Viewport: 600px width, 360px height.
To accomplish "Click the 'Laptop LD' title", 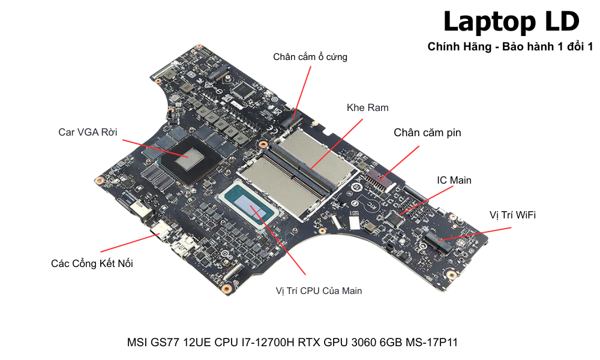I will click(x=511, y=22).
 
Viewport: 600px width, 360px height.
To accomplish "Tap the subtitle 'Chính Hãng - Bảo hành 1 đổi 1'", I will click(x=510, y=46).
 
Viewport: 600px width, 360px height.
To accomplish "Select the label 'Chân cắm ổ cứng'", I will click(x=310, y=57).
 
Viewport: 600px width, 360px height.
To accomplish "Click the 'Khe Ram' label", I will click(x=368, y=108).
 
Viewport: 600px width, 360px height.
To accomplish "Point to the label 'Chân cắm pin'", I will click(x=427, y=133).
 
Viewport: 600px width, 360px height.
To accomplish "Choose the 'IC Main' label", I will click(x=454, y=180).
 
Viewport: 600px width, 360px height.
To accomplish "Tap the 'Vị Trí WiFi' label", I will click(x=512, y=215).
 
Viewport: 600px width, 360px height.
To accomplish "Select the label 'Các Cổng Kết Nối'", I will click(x=91, y=263).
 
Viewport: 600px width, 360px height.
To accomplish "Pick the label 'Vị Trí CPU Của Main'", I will click(x=319, y=291).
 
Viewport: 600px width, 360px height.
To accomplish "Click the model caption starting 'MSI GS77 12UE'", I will click(x=292, y=343).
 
